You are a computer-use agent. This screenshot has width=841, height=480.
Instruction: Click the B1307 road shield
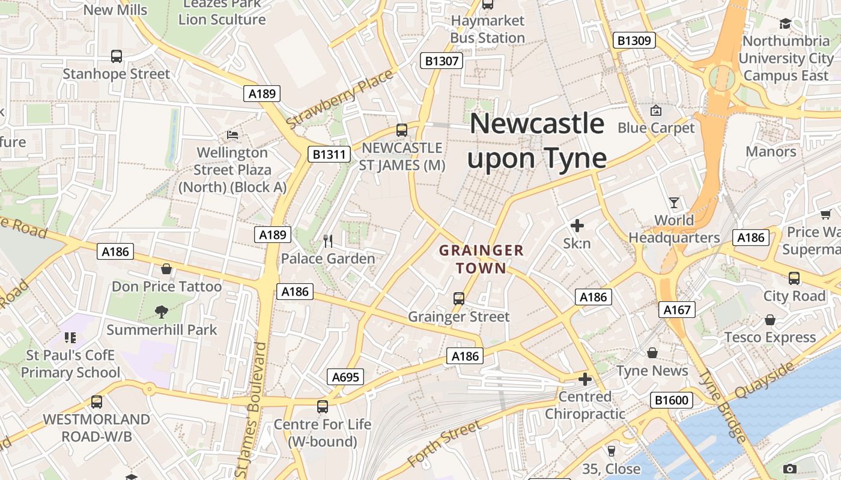(442, 61)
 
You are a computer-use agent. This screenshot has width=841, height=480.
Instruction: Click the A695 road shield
(345, 377)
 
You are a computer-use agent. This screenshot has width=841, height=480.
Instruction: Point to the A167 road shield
(677, 310)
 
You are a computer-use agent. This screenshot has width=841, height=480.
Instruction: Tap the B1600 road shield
(671, 400)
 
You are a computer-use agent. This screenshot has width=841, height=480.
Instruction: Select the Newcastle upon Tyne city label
(537, 141)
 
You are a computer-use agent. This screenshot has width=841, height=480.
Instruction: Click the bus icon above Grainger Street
(458, 298)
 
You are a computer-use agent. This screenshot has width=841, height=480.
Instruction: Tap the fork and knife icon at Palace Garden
(328, 241)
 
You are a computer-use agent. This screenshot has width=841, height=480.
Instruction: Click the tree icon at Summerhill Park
(161, 311)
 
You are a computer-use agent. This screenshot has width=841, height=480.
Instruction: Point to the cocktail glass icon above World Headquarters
(674, 203)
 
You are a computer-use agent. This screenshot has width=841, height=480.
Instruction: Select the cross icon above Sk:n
(577, 226)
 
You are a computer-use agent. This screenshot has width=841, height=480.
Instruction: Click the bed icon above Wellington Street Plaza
(232, 134)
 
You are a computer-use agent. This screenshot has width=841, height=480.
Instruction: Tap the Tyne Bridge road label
(723, 407)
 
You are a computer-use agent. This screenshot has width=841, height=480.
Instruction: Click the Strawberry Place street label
(339, 99)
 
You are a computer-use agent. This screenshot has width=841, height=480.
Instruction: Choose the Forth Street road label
(444, 445)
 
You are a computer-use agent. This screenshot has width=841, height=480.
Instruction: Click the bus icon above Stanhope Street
(117, 56)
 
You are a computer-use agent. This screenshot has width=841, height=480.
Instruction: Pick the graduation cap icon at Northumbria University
(785, 23)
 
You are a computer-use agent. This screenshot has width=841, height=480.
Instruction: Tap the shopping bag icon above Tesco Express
(770, 320)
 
